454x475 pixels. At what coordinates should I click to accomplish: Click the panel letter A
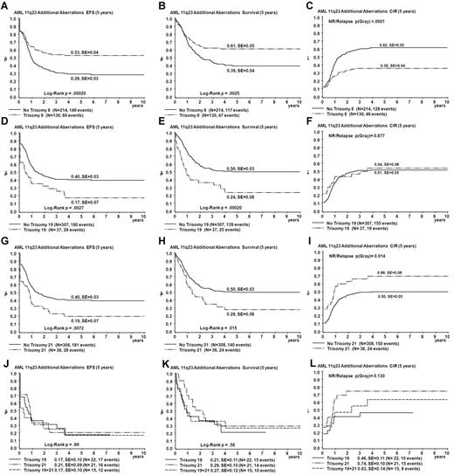[5, 5]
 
